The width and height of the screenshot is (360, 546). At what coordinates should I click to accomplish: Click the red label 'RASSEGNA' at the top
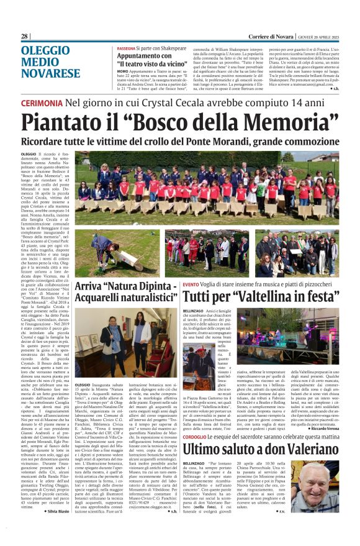point(128,48)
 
